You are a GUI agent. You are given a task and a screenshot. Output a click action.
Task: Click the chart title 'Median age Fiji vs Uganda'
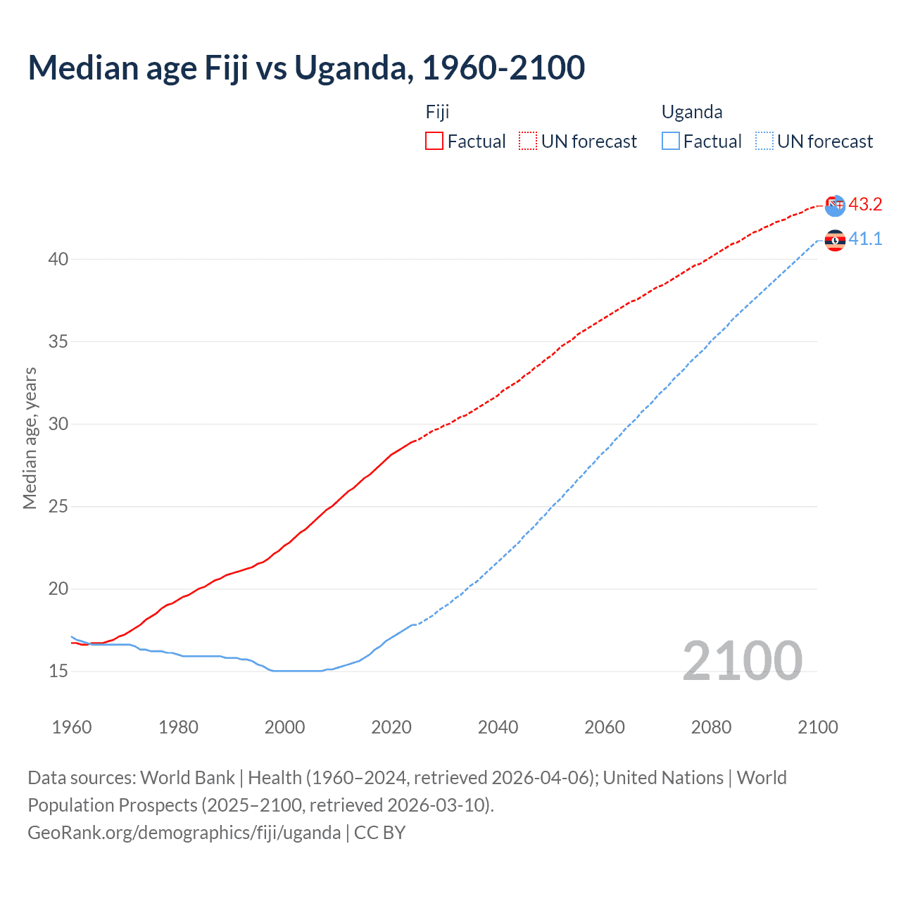306,68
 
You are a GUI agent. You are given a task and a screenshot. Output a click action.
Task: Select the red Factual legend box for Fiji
434,141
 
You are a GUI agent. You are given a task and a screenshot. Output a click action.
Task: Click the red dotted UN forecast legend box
528,141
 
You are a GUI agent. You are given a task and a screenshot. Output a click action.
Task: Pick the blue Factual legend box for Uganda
671,141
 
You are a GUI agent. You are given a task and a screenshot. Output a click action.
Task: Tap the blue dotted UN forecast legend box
764,141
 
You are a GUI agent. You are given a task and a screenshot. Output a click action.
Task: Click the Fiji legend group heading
437,112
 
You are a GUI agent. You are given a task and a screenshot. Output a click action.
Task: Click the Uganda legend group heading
692,112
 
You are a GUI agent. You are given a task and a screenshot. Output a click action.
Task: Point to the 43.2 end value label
865,205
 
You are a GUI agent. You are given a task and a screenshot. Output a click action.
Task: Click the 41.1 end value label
865,239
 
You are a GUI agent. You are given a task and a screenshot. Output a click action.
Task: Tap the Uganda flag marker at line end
835,241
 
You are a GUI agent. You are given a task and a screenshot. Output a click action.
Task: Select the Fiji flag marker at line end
835,206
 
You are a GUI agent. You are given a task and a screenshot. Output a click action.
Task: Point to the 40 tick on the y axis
58,260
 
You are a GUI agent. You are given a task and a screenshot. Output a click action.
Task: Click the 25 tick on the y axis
58,507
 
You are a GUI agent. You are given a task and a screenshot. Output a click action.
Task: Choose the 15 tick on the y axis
58,672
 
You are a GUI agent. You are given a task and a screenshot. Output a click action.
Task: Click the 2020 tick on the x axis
391,727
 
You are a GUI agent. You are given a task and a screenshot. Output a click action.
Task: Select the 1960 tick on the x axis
72,727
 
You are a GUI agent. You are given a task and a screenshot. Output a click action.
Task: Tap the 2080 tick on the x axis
711,727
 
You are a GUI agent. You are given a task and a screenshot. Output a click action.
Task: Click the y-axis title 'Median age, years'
30,438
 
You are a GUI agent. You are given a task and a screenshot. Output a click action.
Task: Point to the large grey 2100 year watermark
742,660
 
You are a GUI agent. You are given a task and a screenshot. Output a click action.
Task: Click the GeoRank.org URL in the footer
184,833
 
